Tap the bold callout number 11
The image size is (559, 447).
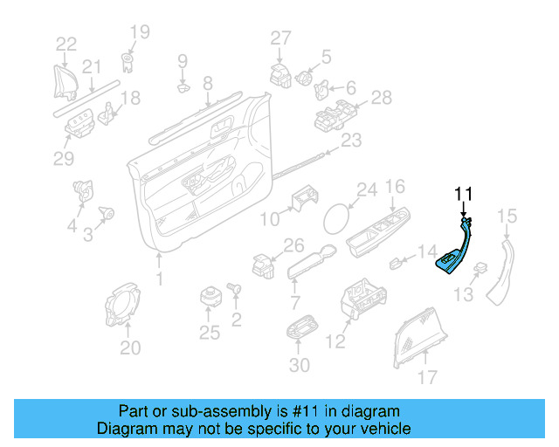click(x=463, y=194)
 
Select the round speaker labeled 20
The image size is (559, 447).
click(x=127, y=306)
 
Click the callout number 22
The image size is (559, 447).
click(x=66, y=43)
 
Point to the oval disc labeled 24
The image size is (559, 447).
click(x=338, y=217)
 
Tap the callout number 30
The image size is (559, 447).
click(x=298, y=364)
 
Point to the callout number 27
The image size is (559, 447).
click(x=279, y=37)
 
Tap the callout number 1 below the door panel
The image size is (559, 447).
click(x=159, y=279)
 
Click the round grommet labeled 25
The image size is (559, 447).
click(x=210, y=295)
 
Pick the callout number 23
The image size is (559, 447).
click(x=351, y=141)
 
